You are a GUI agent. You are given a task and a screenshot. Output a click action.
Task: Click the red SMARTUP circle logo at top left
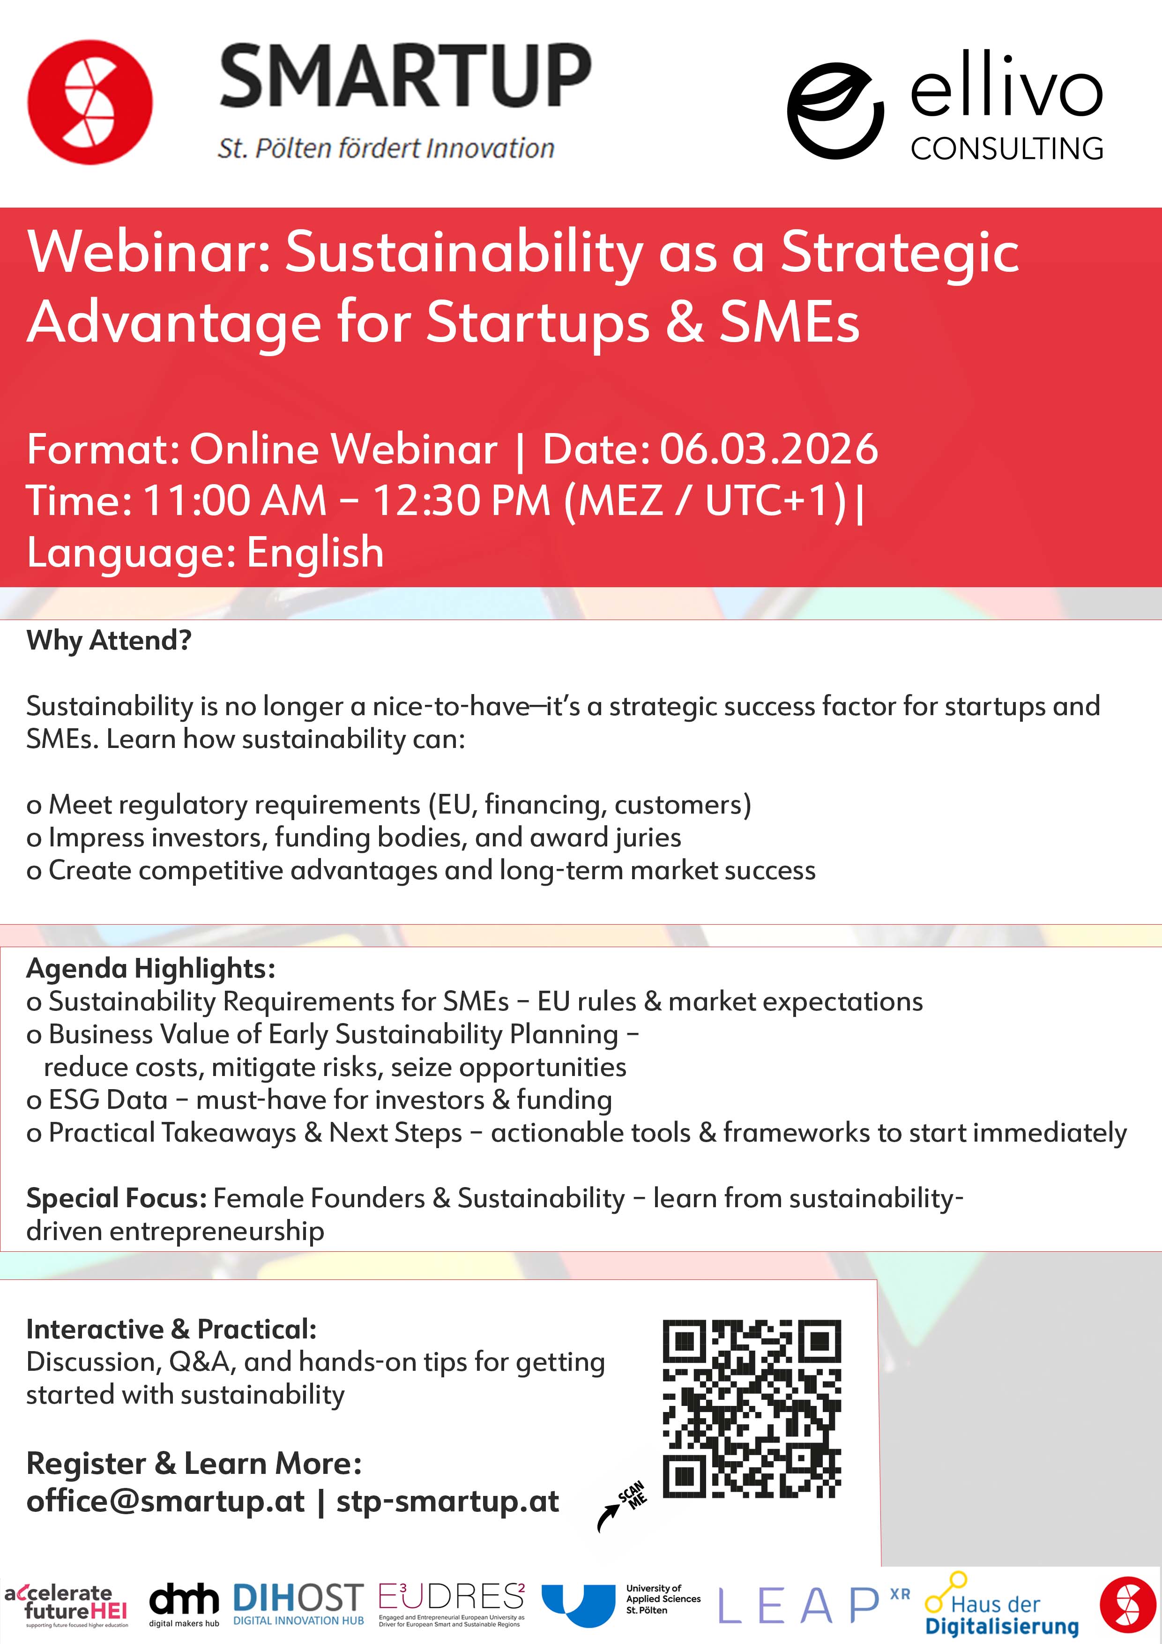[90, 102]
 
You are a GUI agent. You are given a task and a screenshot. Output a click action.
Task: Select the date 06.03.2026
[768, 449]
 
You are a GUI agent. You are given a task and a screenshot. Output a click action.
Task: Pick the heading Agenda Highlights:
[151, 969]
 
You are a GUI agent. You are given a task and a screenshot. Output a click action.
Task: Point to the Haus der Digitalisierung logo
[1002, 1605]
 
